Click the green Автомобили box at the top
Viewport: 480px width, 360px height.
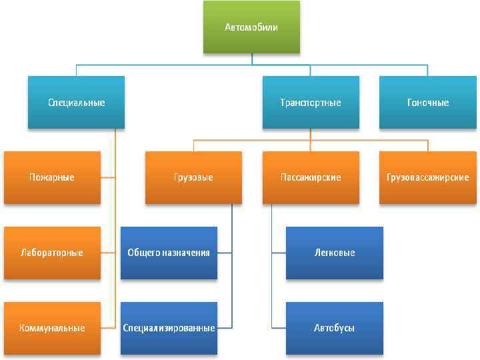point(251,27)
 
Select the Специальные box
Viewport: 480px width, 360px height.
point(76,103)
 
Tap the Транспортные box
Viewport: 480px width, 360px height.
point(311,103)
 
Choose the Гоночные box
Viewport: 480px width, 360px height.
point(428,103)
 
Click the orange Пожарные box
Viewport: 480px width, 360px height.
point(52,177)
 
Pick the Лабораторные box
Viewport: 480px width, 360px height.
point(52,253)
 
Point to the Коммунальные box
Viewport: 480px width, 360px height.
point(52,328)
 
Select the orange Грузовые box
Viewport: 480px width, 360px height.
point(194,177)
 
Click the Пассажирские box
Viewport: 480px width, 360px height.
point(311,177)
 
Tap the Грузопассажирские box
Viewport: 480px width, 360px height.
point(428,177)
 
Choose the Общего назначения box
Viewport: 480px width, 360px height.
point(169,253)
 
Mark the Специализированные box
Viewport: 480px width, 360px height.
point(169,328)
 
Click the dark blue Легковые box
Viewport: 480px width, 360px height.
point(335,253)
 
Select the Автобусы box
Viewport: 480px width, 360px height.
point(335,328)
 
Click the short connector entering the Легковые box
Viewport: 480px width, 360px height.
point(279,253)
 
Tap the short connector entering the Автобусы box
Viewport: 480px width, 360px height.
point(279,328)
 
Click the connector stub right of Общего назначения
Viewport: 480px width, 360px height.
point(225,253)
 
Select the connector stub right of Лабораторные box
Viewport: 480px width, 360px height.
point(109,253)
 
